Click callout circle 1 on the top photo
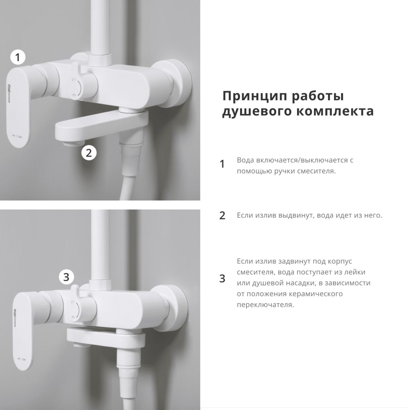18,57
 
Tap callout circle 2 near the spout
89,153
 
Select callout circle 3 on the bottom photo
66,277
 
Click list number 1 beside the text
222,164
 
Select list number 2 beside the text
222,216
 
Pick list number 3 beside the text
222,278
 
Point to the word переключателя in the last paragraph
265,304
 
